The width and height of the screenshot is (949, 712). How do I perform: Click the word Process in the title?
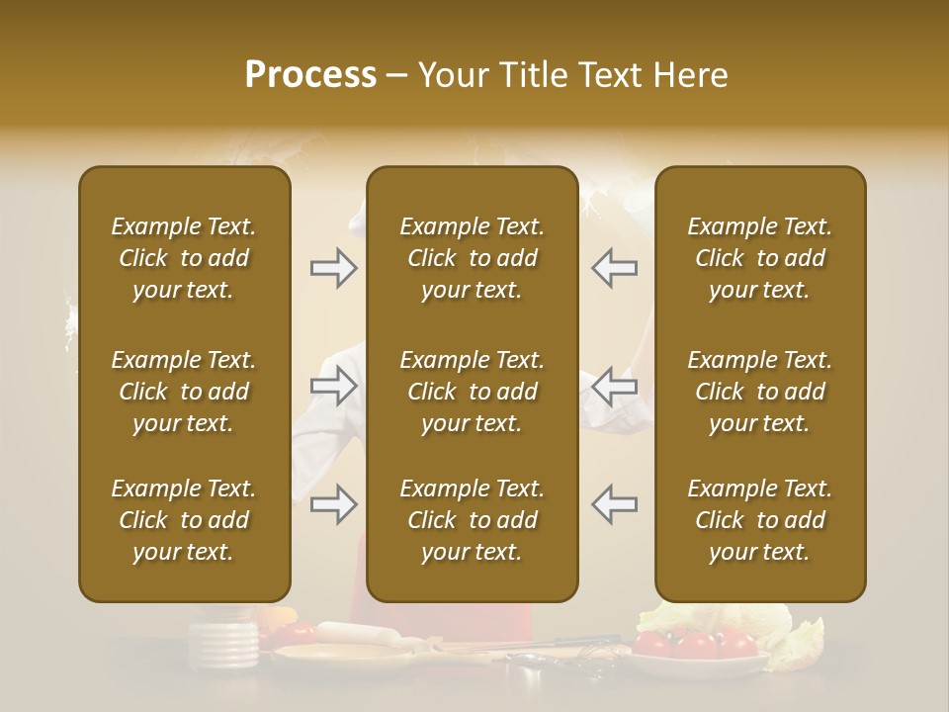point(310,75)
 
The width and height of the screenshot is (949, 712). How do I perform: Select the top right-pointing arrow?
point(333,268)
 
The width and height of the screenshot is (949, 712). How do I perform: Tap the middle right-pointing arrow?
point(333,386)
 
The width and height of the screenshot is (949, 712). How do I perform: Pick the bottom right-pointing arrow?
point(333,504)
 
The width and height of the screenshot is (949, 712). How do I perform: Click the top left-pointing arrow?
point(615,268)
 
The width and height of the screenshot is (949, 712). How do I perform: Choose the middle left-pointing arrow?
point(615,386)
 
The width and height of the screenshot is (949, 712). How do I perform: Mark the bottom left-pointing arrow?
point(615,504)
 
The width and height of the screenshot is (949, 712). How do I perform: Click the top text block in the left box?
point(184,258)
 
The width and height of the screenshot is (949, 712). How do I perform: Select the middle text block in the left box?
point(184,392)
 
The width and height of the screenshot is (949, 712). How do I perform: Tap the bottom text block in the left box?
point(184,520)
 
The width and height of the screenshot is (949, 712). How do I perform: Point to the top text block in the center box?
point(472,258)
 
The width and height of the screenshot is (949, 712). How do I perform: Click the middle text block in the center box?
point(472,392)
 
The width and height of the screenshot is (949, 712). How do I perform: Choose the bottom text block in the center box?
point(472,520)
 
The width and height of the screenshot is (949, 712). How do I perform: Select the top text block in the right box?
point(759,258)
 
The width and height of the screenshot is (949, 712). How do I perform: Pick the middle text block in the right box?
point(759,392)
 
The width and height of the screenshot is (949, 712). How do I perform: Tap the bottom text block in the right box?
point(759,520)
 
